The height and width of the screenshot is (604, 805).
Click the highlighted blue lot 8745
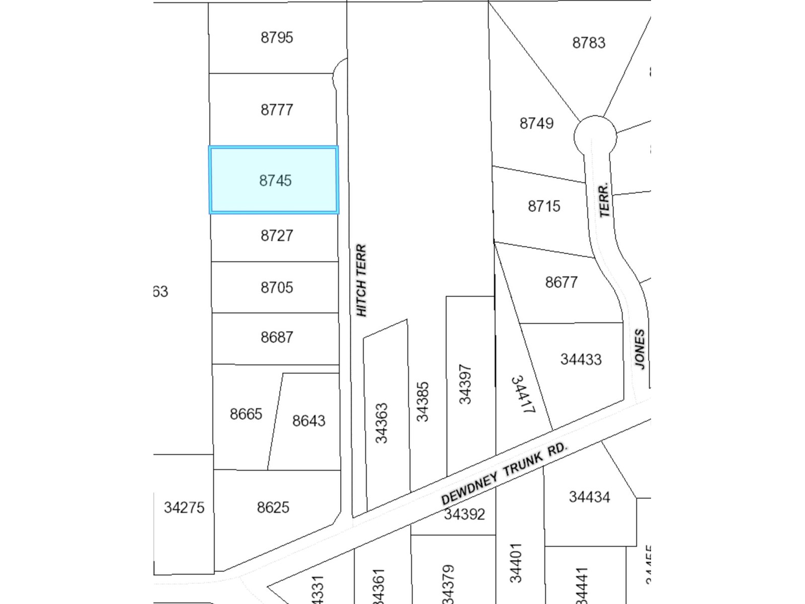click(275, 180)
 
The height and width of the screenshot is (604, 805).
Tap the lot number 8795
click(277, 38)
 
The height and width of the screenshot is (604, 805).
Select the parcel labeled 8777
click(277, 110)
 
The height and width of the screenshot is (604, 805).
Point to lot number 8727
click(277, 236)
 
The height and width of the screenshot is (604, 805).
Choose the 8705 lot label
click(277, 287)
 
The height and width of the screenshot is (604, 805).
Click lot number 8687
click(277, 337)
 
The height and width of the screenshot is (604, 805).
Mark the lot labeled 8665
click(246, 414)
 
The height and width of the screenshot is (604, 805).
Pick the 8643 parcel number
click(309, 421)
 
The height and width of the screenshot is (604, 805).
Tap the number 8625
click(273, 507)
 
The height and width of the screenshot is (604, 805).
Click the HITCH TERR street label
click(361, 280)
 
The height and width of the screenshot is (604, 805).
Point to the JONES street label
click(639, 349)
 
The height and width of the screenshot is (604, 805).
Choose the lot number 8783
click(589, 43)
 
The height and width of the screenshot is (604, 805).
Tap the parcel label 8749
click(536, 123)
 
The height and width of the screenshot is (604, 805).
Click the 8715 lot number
click(544, 206)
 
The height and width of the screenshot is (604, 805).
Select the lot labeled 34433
click(581, 359)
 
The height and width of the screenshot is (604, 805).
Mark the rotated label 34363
click(382, 423)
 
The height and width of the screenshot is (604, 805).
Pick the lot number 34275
click(184, 507)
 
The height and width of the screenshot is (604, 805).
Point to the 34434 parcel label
click(589, 497)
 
